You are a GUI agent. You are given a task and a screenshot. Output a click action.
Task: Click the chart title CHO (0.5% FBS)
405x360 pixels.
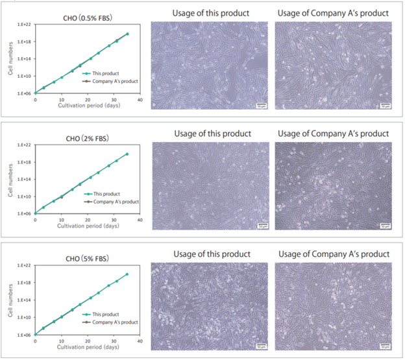point(88,18)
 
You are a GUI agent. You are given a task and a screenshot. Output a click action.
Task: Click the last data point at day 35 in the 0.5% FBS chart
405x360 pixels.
point(127,34)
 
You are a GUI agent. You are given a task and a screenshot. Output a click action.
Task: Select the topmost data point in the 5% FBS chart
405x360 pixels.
point(127,274)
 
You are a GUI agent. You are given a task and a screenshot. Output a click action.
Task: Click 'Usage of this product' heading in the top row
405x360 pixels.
point(208,13)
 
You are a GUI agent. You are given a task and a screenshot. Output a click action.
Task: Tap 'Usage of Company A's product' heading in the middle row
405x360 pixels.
point(333,134)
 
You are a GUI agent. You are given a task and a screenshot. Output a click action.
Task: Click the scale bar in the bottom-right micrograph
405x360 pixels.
point(384,345)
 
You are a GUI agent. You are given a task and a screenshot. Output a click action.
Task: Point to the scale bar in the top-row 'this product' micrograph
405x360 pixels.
point(261,104)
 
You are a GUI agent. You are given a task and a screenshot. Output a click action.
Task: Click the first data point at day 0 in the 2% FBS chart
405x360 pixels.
point(35,213)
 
